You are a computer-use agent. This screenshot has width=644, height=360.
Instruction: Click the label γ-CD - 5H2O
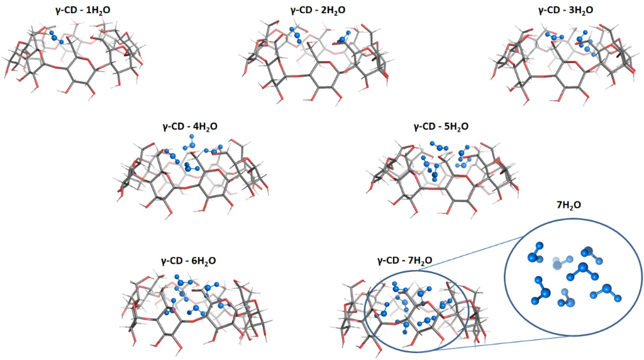tap(441, 127)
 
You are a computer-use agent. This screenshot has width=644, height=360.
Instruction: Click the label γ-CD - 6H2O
tap(190, 260)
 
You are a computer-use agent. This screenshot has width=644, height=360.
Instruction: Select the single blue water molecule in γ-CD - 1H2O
tap(57, 38)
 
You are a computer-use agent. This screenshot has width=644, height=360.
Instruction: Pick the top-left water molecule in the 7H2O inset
tap(536, 252)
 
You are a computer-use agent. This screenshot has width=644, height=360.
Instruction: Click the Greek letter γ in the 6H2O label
tap(165, 261)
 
